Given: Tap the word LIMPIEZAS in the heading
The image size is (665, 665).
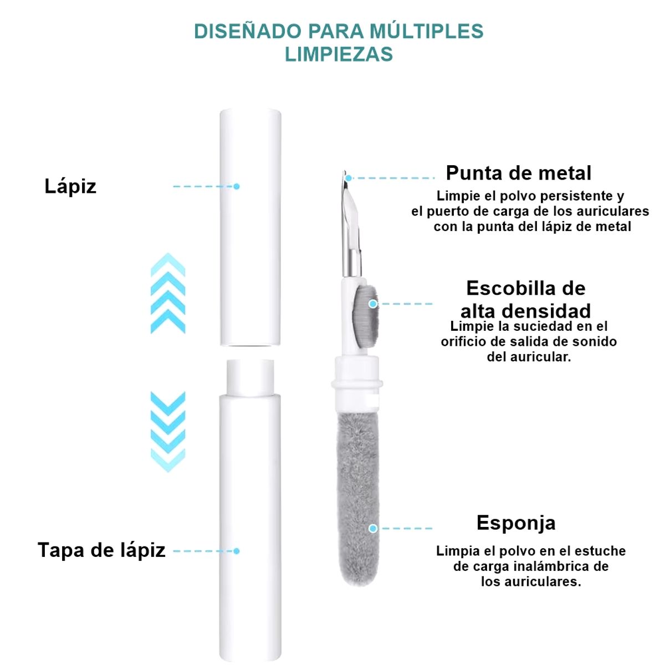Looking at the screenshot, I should [x=339, y=54].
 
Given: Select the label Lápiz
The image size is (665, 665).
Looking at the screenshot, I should [x=70, y=186].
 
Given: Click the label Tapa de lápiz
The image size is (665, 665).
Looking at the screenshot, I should [x=101, y=550].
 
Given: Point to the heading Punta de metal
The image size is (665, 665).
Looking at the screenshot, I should [x=519, y=173].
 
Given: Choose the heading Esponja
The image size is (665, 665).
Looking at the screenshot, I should [x=516, y=523].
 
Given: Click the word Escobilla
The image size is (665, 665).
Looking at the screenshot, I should [x=507, y=288].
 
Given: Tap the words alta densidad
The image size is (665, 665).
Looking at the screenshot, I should [x=525, y=311].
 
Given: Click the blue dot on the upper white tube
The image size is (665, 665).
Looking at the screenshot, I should [x=237, y=186].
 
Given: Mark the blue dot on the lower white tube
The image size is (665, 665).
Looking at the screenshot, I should [x=237, y=551].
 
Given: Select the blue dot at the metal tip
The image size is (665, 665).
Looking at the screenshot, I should [x=348, y=178].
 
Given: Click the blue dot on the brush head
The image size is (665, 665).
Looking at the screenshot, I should [x=373, y=304].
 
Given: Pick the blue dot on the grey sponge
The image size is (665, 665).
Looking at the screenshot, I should [x=373, y=528].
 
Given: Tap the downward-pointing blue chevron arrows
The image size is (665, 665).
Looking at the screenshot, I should [x=168, y=431].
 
